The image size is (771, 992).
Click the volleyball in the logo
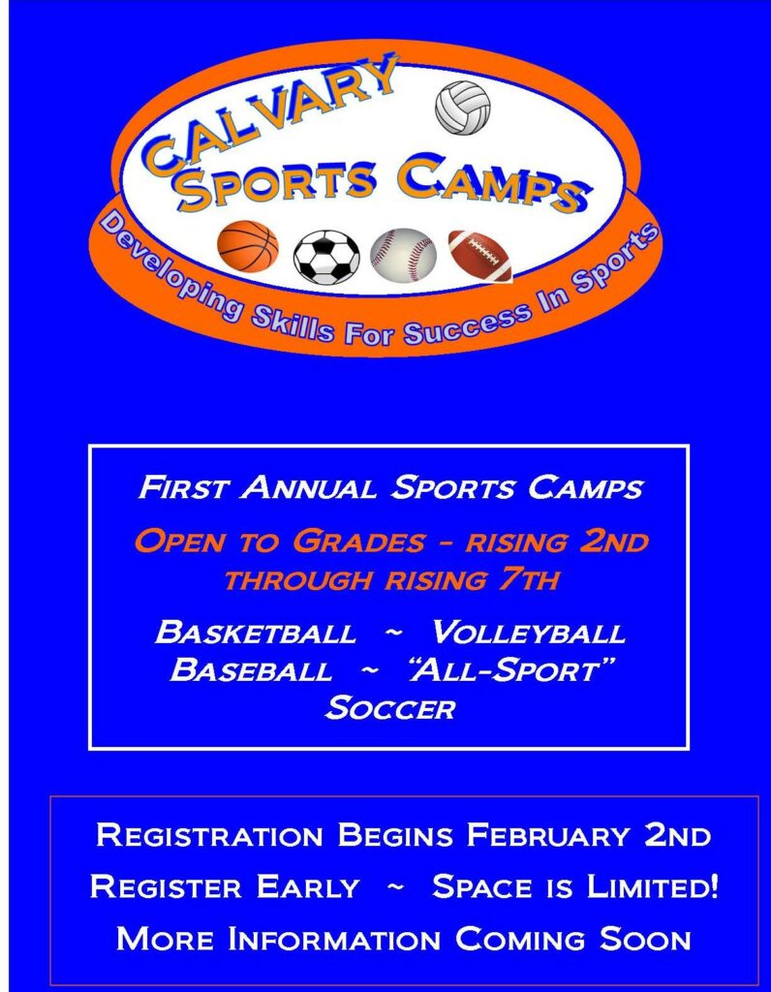pyautogui.click(x=462, y=108)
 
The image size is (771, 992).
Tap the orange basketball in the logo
pyautogui.click(x=248, y=246)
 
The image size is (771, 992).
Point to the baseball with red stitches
pyautogui.click(x=403, y=256)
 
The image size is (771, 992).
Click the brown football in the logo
pyautogui.click(x=479, y=256)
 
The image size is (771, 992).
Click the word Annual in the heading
pyautogui.click(x=308, y=488)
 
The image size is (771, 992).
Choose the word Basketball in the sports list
pyautogui.click(x=256, y=632)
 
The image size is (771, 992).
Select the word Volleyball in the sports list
pyautogui.click(x=528, y=632)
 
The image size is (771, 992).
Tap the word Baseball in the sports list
pyautogui.click(x=251, y=669)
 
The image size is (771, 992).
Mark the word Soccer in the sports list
pyautogui.click(x=390, y=707)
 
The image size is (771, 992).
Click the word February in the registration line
pyautogui.click(x=548, y=835)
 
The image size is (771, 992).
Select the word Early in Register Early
pyautogui.click(x=307, y=887)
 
